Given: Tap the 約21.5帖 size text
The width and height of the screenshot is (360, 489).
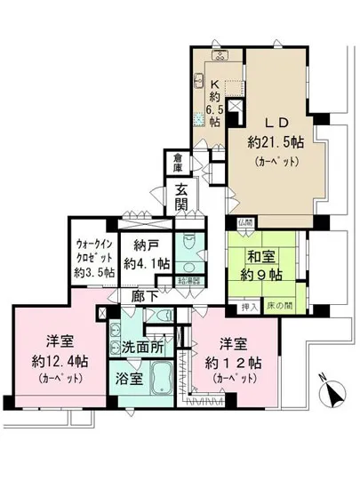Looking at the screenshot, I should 273,142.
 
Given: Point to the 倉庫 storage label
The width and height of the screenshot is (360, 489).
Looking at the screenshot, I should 179,164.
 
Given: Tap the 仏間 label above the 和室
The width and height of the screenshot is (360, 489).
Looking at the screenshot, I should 244,222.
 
